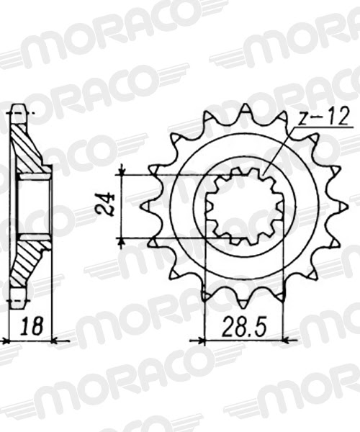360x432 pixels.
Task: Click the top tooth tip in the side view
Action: click(20, 112)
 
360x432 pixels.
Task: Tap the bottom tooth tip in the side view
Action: click(20, 297)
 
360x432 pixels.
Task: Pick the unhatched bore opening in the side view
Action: click(34, 207)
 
